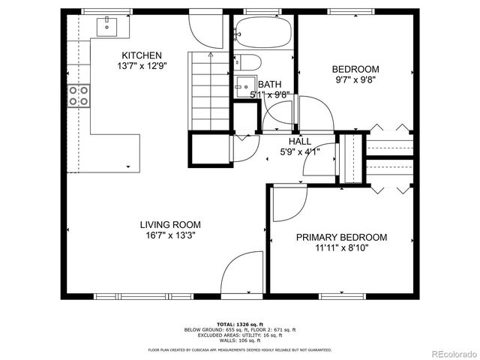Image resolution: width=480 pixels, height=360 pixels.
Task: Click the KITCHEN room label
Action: (142, 55)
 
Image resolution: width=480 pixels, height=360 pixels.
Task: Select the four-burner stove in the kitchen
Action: (79, 96)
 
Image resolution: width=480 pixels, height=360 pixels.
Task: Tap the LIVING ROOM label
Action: (170, 224)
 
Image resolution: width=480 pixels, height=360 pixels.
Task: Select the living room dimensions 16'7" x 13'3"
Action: (170, 235)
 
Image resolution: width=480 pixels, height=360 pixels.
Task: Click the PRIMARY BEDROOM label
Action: (341, 238)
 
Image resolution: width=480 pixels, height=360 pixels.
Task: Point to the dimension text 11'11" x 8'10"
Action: (341, 249)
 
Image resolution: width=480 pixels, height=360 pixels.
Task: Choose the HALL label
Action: (299, 141)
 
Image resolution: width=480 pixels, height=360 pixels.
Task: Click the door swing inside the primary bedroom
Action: (287, 202)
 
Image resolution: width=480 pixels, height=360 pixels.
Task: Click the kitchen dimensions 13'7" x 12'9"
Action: (142, 67)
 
